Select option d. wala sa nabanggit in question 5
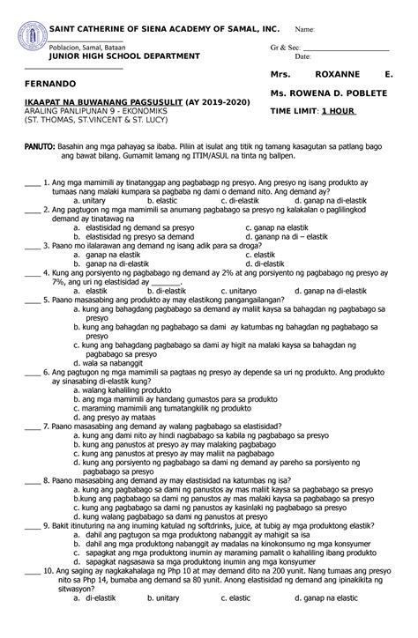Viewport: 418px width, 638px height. (110, 362)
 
